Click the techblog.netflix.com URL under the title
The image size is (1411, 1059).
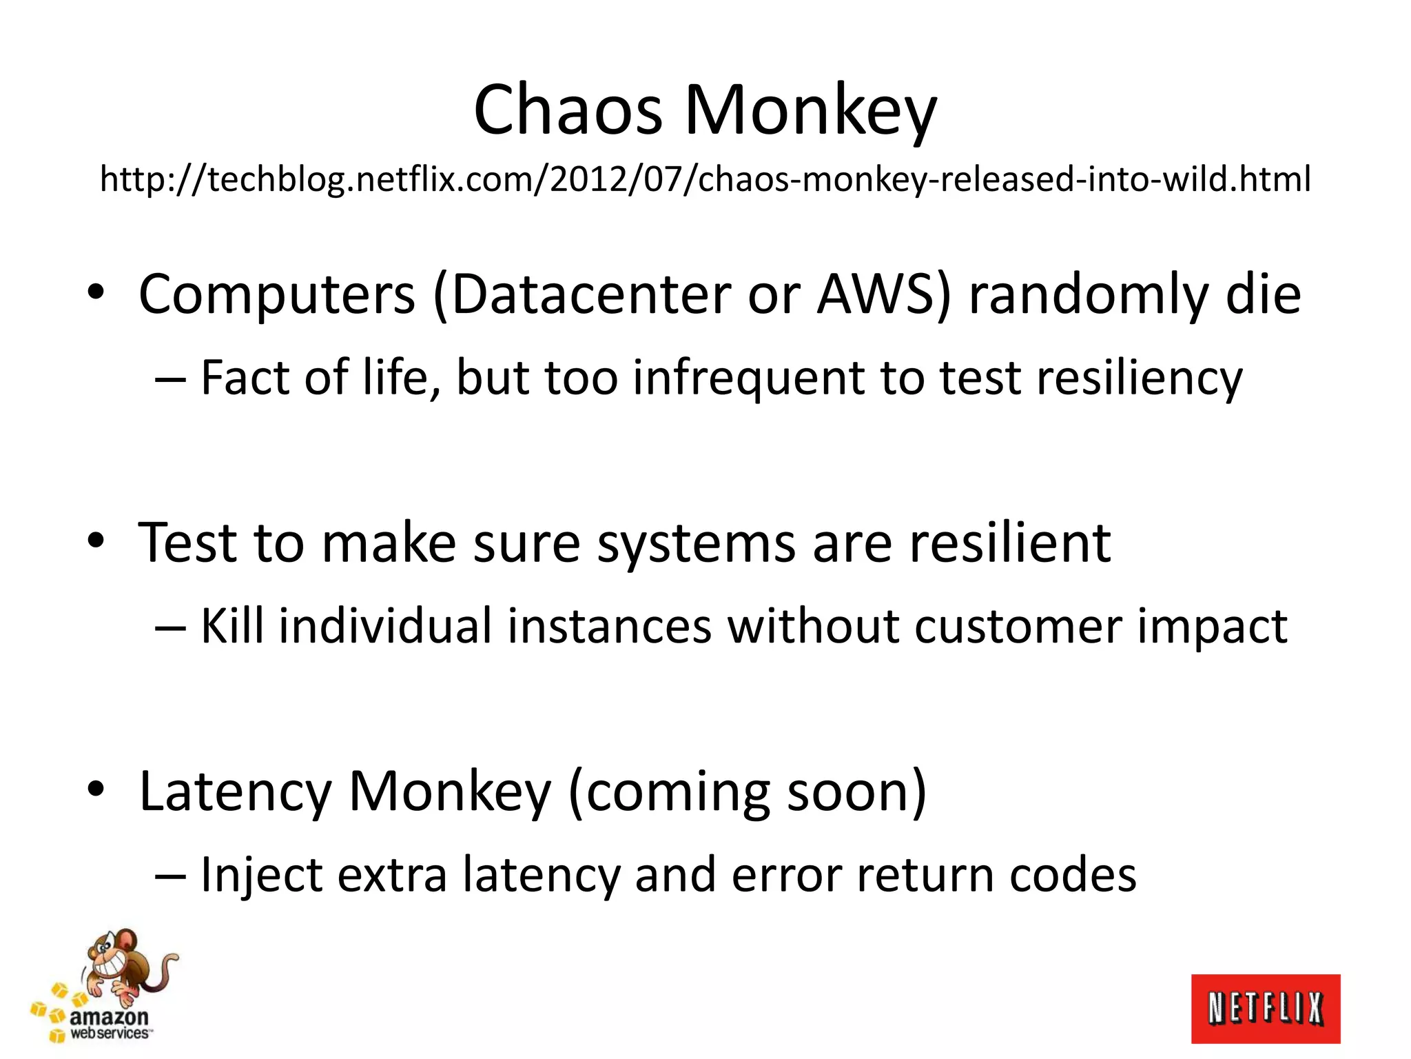705,179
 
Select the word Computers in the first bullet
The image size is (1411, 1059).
277,295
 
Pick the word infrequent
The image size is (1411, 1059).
748,379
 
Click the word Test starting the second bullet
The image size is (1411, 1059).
187,543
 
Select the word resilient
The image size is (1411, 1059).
1010,543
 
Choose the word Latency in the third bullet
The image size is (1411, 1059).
235,792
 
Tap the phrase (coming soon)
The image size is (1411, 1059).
748,792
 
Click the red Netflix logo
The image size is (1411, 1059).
1266,1009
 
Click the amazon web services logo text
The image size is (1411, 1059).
109,1024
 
